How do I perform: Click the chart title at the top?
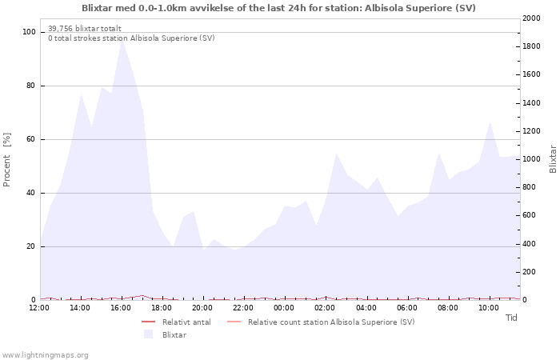[278, 8]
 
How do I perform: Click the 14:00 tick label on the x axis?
[80, 307]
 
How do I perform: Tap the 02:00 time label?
[325, 307]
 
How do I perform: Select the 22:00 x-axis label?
[243, 307]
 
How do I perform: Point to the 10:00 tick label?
[488, 307]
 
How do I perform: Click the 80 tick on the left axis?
[30, 86]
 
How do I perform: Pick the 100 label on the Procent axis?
[29, 32]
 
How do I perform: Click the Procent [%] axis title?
[7, 160]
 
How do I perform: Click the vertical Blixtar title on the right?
[553, 159]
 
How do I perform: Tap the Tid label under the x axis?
[511, 318]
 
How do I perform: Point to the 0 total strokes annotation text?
[131, 38]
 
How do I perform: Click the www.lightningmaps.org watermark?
[46, 354]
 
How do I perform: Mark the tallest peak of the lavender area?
[122, 40]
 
